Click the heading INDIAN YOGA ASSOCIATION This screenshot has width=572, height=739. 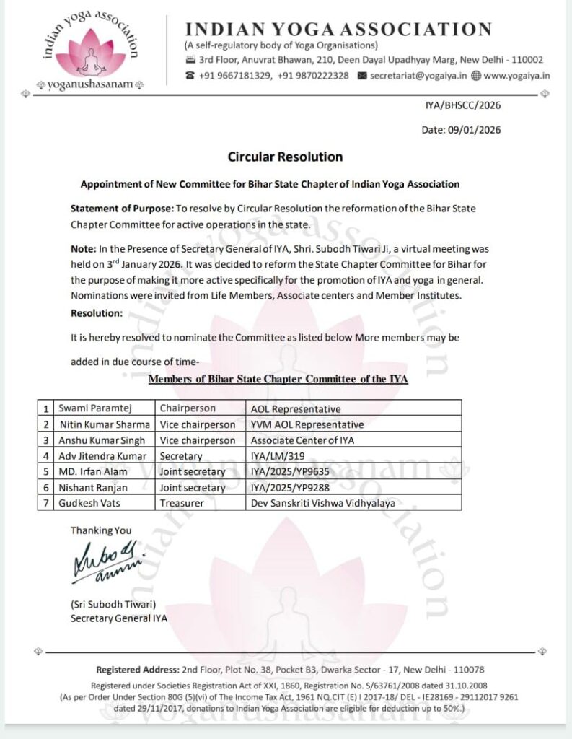point(338,30)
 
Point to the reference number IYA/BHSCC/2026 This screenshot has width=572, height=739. point(463,105)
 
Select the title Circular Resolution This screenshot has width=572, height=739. point(285,157)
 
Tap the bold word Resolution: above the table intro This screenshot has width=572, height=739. point(97,313)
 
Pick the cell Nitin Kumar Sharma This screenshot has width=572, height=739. point(105,424)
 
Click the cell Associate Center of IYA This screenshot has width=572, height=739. point(302,440)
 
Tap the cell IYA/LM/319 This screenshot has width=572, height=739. point(278,456)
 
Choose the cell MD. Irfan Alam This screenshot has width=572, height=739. point(93,472)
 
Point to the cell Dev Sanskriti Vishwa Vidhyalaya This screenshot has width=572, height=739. point(322,504)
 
